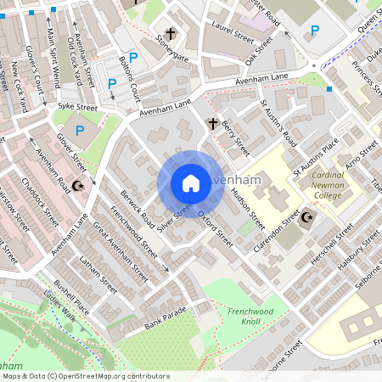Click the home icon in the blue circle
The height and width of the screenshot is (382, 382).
(x=191, y=183)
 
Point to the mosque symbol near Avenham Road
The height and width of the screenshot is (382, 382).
(x=79, y=185)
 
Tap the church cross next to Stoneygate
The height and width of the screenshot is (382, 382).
(x=171, y=35)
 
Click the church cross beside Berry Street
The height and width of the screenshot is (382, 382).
(x=213, y=124)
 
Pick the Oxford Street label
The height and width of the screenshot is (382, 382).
(x=215, y=228)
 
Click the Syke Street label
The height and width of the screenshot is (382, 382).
(x=77, y=108)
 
